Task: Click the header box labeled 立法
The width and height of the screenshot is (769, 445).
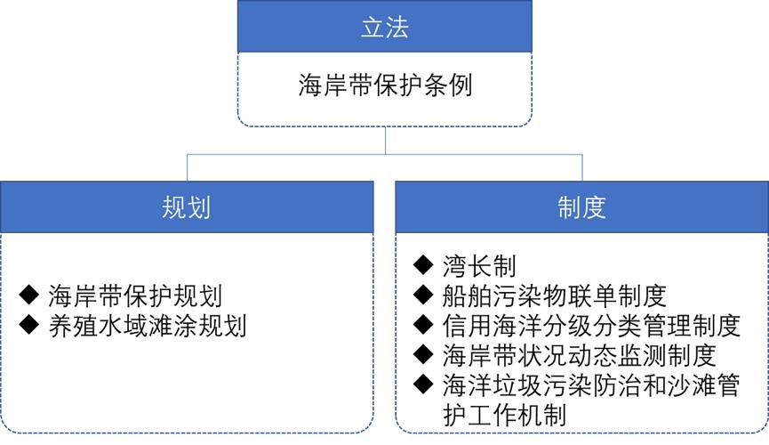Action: (x=384, y=27)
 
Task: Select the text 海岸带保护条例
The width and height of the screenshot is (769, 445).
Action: (x=385, y=85)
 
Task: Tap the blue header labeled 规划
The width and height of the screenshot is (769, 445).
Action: (x=187, y=206)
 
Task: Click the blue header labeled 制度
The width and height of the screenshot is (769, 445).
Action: (x=581, y=206)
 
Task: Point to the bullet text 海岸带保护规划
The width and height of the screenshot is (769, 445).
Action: (x=135, y=295)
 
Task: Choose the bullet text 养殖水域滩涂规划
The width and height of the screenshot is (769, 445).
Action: (x=148, y=326)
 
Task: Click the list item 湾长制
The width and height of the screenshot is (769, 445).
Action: (x=479, y=266)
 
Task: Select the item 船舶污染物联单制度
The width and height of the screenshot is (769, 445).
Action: (x=554, y=295)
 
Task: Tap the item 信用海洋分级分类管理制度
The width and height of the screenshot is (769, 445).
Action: (x=591, y=325)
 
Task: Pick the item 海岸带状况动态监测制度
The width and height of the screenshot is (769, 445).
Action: (x=580, y=355)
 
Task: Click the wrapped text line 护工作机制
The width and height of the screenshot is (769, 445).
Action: (x=504, y=415)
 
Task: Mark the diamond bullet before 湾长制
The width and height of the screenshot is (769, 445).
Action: (x=423, y=265)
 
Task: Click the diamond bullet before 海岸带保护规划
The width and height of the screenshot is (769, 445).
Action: (x=29, y=295)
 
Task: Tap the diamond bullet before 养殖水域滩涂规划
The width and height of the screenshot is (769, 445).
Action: (x=29, y=325)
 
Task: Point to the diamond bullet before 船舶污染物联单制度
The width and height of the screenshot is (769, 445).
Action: (x=423, y=295)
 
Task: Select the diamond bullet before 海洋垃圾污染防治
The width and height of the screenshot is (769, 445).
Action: (x=423, y=384)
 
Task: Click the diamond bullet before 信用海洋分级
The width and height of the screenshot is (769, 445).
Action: (x=423, y=325)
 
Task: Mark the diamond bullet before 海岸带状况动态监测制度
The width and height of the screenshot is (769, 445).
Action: (x=423, y=354)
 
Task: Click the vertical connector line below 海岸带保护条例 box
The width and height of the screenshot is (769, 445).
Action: (x=385, y=141)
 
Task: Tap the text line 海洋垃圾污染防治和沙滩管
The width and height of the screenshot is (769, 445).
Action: (x=591, y=385)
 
